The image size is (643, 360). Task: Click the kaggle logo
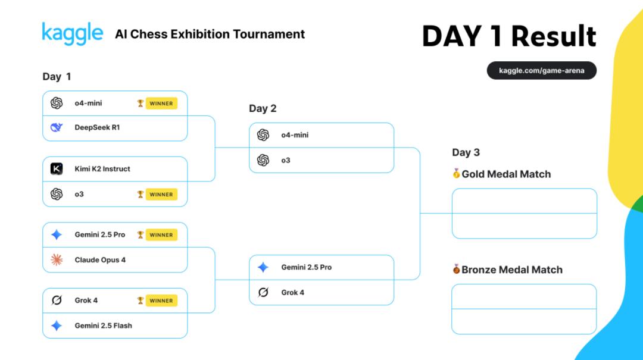(72, 34)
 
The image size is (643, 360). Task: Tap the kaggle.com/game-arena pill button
(541, 71)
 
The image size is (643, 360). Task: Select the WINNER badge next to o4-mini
(161, 104)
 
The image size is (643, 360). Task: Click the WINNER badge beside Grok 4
(161, 300)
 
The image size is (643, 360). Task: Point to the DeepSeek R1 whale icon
(57, 127)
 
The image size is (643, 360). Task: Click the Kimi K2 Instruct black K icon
(57, 168)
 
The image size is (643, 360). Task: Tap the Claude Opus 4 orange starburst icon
(57, 259)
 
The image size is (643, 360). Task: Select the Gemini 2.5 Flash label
(104, 325)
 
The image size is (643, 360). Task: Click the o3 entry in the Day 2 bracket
(286, 160)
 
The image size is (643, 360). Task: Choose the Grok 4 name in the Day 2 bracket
(293, 292)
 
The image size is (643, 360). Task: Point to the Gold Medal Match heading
(506, 174)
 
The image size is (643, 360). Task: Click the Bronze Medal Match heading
(512, 270)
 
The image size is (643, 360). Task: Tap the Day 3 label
(466, 152)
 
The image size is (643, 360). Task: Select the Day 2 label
(263, 109)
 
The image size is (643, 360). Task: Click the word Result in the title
(554, 36)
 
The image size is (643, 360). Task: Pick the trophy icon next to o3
(141, 195)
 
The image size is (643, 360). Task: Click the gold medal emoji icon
(456, 173)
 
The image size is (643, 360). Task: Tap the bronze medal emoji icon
(456, 269)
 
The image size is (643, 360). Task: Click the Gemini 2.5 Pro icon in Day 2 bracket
(263, 267)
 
